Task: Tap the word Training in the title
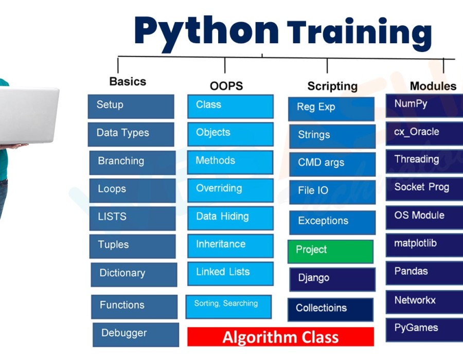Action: click(359, 32)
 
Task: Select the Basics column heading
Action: click(128, 81)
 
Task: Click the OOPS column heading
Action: click(226, 86)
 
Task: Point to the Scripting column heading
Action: click(332, 86)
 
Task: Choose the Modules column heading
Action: click(433, 86)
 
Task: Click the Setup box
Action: click(131, 106)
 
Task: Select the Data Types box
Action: click(131, 134)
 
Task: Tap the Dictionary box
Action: click(134, 274)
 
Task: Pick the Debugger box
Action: click(136, 334)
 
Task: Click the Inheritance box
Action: click(230, 245)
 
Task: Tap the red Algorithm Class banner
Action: click(280, 337)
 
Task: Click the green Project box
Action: click(330, 251)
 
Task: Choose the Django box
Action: click(332, 279)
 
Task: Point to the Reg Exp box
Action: click(331, 109)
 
